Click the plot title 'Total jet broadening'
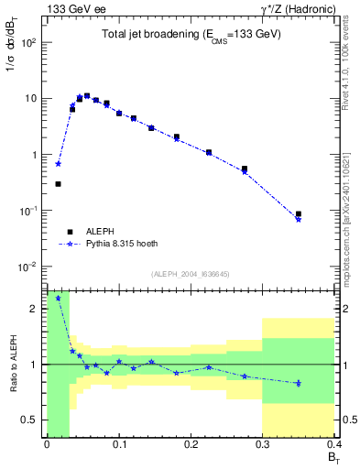[191, 34]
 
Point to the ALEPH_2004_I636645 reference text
[191, 273]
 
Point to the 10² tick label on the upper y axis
[30, 42]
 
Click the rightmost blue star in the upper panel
[299, 219]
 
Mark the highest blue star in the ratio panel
[59, 298]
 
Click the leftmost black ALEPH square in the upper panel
[59, 184]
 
